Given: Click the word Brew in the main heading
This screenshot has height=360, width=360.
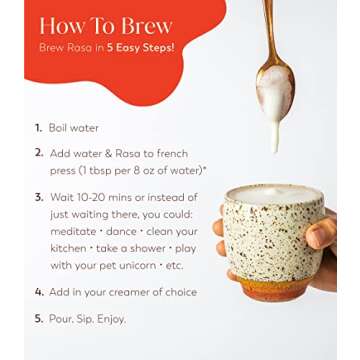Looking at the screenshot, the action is [x=147, y=26].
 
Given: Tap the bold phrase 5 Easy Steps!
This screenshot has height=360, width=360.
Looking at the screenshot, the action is [x=140, y=48].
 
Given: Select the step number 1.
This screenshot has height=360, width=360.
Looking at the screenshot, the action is [x=38, y=128].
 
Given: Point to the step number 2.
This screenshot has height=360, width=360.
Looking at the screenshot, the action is [x=39, y=153].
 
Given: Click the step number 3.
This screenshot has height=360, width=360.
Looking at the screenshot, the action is [x=39, y=197].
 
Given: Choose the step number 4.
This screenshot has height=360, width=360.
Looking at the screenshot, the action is [x=39, y=292].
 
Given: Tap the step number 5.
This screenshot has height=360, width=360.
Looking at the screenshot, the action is [x=39, y=319].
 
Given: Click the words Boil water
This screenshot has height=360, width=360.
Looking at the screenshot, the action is [x=74, y=128].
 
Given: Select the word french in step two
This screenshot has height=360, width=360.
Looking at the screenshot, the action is [x=172, y=153].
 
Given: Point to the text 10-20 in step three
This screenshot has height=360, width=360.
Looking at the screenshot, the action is [x=92, y=197].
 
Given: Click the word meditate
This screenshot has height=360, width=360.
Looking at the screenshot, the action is [x=73, y=231].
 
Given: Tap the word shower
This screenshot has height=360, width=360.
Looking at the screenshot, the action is [x=147, y=249].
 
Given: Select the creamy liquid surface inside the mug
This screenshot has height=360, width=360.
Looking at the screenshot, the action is [x=274, y=194].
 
